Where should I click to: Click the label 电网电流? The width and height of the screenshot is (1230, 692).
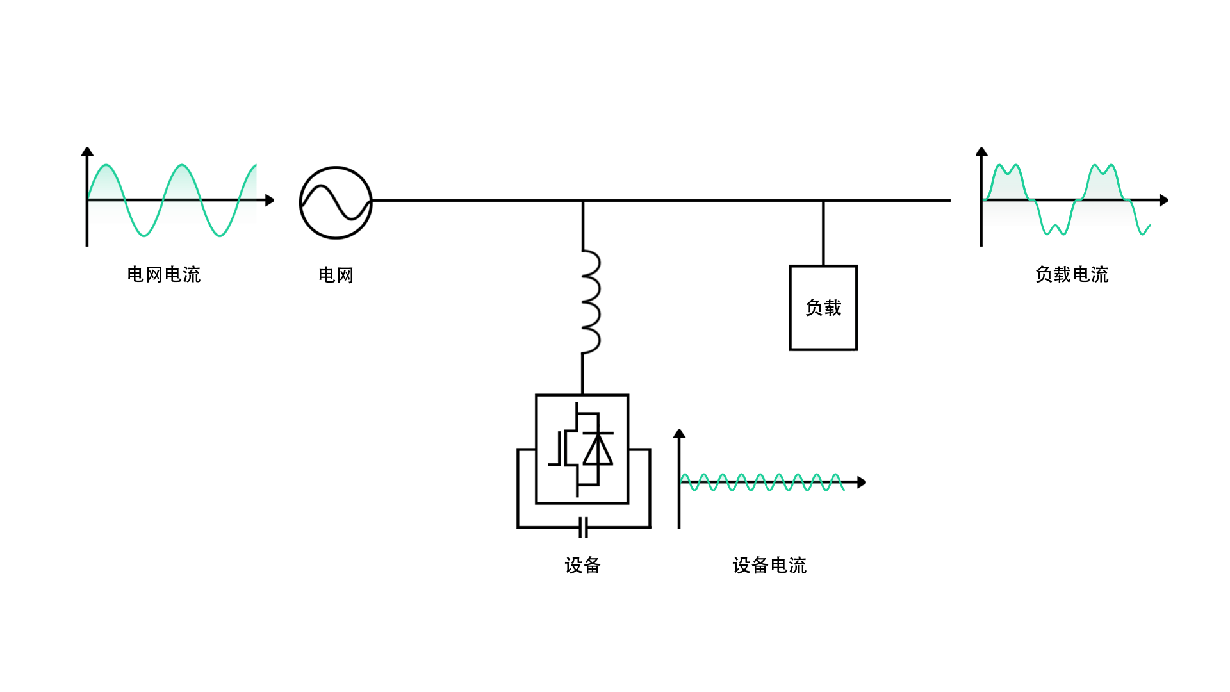[163, 275]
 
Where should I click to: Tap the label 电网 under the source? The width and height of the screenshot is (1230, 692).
[336, 276]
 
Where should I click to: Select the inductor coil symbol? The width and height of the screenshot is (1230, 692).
[591, 301]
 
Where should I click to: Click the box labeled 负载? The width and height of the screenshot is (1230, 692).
[823, 308]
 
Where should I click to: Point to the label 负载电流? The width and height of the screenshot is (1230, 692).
[1071, 275]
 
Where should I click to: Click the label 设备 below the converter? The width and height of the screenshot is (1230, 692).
[582, 566]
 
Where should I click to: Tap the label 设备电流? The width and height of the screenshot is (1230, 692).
[769, 566]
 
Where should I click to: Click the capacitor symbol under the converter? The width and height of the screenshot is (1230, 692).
[583, 528]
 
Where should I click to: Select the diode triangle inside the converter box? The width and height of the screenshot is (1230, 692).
[598, 449]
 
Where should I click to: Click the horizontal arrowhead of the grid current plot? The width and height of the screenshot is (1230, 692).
[270, 201]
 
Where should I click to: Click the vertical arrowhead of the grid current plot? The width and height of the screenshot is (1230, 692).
[87, 152]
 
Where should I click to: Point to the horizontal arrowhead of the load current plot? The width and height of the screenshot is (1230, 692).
[1164, 201]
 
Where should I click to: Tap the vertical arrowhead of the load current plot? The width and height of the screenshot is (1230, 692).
[981, 152]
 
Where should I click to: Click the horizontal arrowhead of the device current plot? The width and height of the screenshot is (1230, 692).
[862, 482]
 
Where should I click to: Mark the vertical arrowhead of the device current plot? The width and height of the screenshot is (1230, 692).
[680, 434]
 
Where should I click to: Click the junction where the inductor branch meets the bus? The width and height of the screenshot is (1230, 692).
[582, 201]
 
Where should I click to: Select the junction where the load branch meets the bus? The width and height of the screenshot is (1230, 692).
[823, 201]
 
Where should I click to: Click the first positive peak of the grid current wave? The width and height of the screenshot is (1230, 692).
[106, 165]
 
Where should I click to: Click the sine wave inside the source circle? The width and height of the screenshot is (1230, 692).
[336, 203]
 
